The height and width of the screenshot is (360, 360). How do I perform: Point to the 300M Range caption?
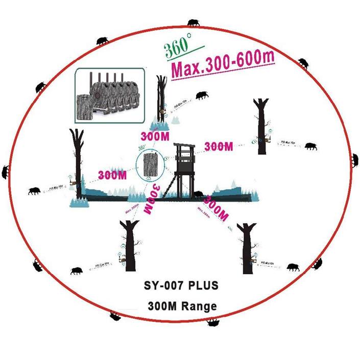pos(182,306)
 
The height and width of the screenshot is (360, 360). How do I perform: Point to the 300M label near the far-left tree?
pos(112,175)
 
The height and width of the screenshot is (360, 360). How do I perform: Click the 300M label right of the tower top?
pos(220,147)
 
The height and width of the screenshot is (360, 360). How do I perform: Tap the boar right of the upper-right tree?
pos(310,146)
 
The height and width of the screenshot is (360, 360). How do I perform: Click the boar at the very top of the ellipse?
pos(194,23)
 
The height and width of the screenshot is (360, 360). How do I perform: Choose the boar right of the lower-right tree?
pos(293,267)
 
